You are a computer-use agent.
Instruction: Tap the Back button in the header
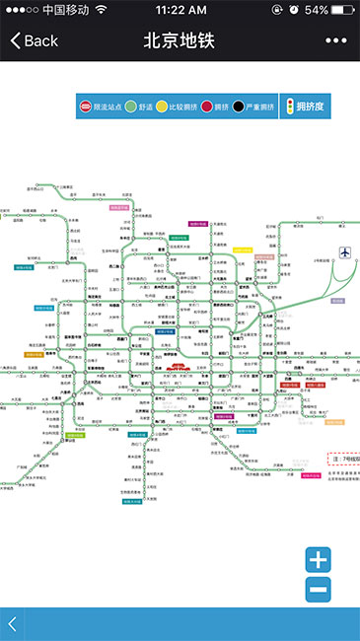click(x=34, y=41)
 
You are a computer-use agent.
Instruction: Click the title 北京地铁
click(x=179, y=41)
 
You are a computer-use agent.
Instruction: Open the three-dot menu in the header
click(x=336, y=41)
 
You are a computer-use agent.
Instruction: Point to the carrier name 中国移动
click(x=65, y=9)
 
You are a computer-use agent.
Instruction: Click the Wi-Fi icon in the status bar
click(x=101, y=9)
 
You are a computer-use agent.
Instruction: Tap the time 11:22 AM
click(x=180, y=9)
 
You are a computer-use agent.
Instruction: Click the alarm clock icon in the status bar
click(x=293, y=9)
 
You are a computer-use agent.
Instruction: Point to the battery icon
click(x=345, y=9)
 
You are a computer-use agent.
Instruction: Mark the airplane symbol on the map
click(x=344, y=252)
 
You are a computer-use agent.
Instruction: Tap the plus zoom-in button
click(x=318, y=560)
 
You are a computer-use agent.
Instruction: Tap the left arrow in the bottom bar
click(x=12, y=623)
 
